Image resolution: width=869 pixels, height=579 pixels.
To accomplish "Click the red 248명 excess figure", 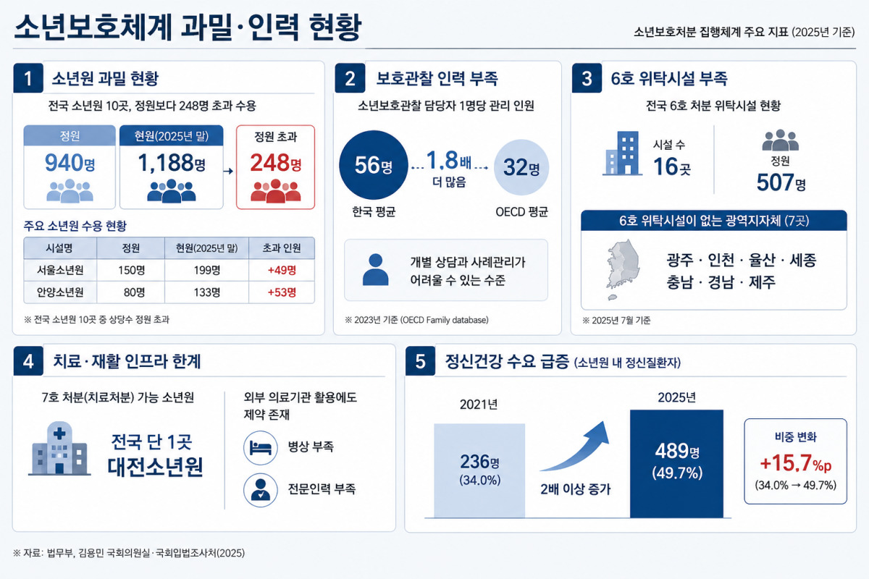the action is click(x=275, y=163).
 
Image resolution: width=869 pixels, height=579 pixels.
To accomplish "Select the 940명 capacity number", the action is click(x=70, y=163).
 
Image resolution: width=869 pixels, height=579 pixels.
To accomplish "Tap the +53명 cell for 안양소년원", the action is click(x=282, y=292).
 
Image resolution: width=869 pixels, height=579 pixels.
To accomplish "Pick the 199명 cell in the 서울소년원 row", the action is click(x=207, y=270).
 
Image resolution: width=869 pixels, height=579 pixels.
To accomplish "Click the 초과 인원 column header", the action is click(x=282, y=248).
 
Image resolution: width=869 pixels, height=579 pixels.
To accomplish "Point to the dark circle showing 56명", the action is click(x=374, y=165).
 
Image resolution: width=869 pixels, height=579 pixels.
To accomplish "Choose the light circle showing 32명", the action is click(x=521, y=167).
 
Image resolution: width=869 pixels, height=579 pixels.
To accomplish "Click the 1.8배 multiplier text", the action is click(x=449, y=160).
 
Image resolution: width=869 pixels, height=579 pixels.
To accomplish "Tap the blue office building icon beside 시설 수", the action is click(x=623, y=153).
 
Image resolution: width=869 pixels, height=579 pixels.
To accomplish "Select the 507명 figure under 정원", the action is click(x=781, y=182).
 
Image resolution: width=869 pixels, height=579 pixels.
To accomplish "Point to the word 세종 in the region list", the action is click(x=803, y=260).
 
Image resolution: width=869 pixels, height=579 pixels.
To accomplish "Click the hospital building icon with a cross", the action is click(x=59, y=448).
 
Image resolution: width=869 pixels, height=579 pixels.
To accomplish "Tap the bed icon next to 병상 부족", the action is click(x=261, y=447).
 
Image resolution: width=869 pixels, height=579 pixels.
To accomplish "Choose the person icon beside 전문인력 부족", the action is click(x=261, y=490).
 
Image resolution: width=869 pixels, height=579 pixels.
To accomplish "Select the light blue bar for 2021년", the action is click(x=479, y=470).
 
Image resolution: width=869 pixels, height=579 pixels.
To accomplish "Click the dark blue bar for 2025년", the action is click(x=676, y=464).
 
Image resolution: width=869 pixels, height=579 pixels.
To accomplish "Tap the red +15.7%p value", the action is click(x=796, y=462).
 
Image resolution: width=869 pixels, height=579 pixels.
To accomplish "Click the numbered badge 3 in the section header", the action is click(x=587, y=78).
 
